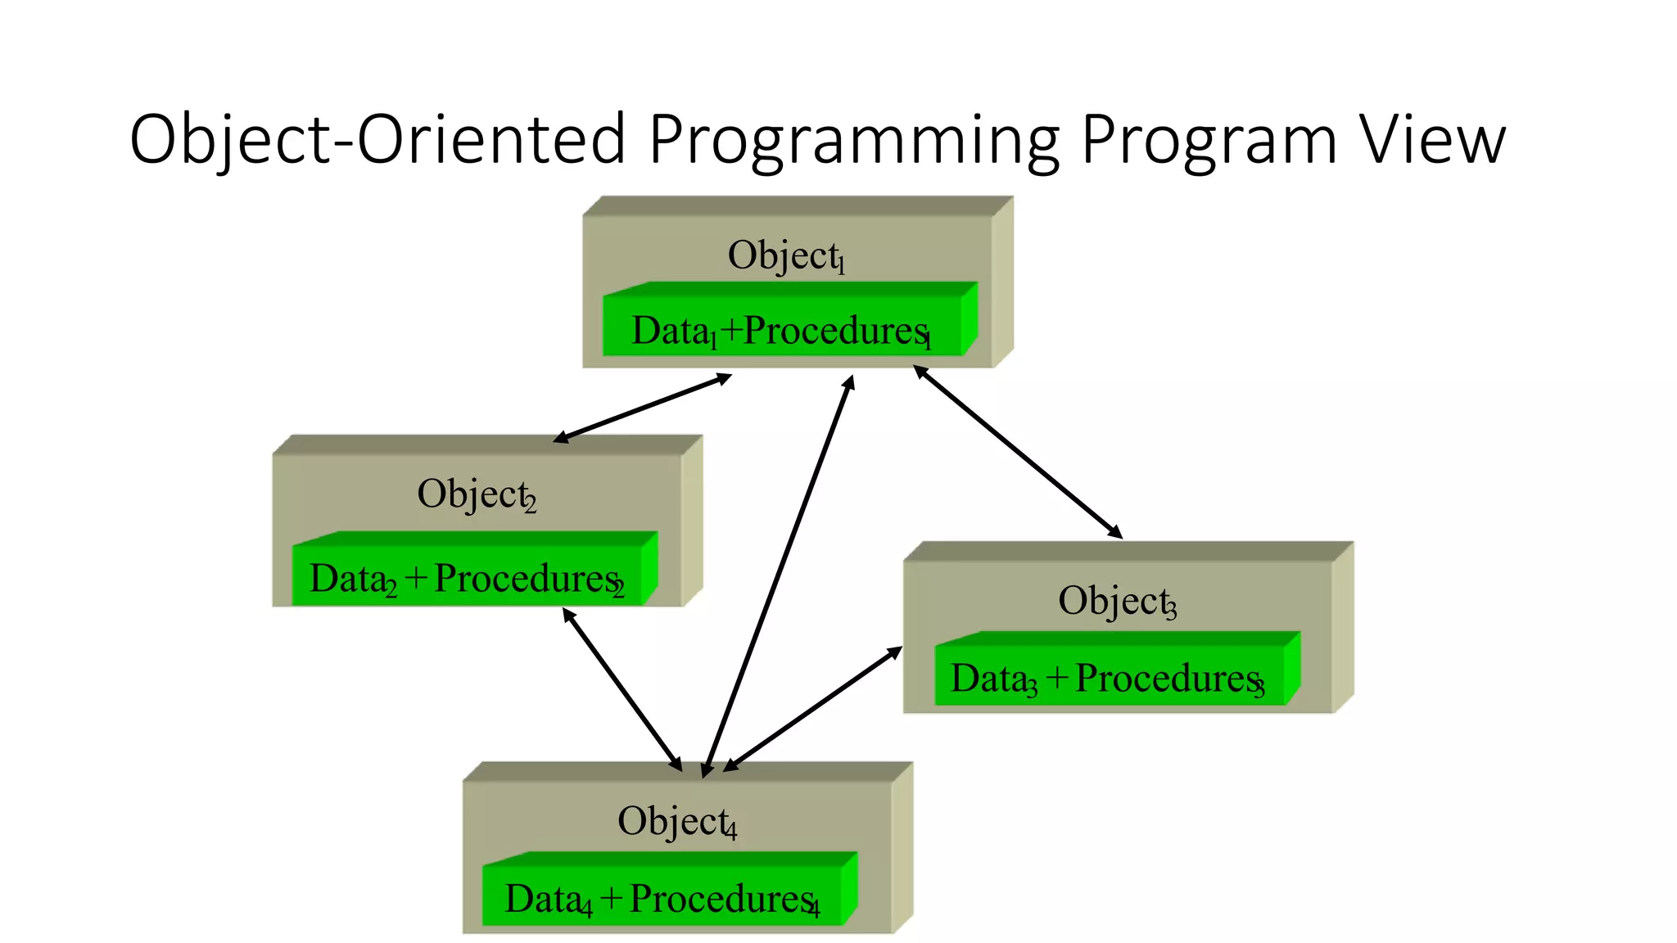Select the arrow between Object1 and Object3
click(x=1018, y=452)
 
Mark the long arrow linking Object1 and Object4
click(x=778, y=577)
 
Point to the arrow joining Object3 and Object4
click(x=812, y=709)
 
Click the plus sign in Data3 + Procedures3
click(x=1057, y=678)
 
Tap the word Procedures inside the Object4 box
click(x=721, y=899)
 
